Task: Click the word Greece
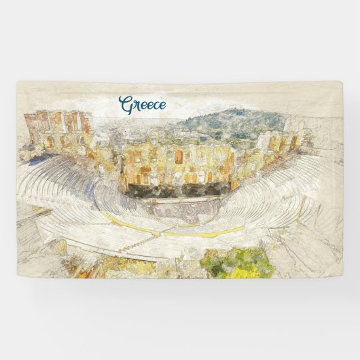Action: tap(142, 105)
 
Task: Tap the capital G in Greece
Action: tap(125, 105)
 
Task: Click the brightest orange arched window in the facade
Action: tap(179, 157)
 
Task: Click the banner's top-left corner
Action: tap(18, 82)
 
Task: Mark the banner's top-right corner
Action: tap(342, 82)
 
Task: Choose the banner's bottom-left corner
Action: tap(18, 276)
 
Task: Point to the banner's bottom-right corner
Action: tap(342, 276)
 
